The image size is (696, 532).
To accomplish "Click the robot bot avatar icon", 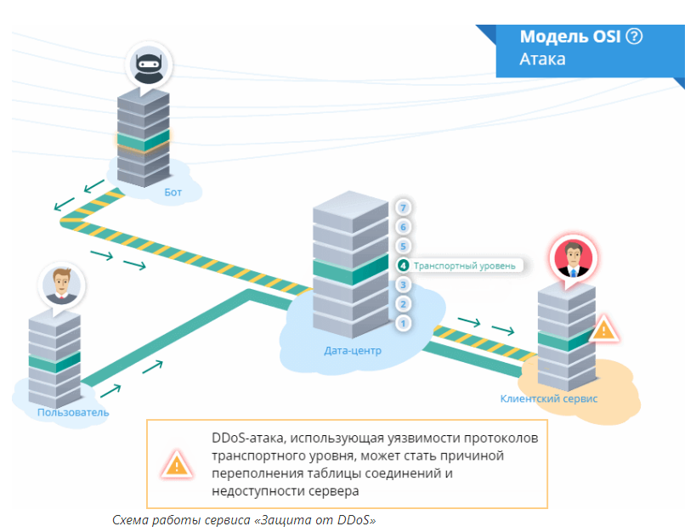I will (148, 63).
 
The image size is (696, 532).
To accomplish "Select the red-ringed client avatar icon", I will (572, 257).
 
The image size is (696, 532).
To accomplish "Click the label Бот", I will (173, 192).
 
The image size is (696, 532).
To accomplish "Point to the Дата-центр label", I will (353, 349).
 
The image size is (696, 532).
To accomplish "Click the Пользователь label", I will (73, 412).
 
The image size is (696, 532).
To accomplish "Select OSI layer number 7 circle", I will (404, 207).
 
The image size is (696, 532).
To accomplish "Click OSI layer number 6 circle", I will (404, 227).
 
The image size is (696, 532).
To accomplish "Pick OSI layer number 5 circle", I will (404, 246).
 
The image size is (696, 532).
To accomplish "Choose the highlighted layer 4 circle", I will (404, 265).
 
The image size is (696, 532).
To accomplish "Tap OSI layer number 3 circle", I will (404, 285).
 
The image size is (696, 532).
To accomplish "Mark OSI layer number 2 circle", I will (404, 303).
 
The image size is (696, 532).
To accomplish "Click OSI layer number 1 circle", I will (404, 323).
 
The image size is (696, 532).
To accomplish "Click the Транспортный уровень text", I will (464, 265).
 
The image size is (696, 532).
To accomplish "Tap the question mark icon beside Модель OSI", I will (634, 37).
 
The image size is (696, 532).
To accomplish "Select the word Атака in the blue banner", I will (542, 59).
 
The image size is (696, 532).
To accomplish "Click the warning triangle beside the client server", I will (604, 328).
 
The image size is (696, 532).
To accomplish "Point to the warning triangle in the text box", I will (176, 464).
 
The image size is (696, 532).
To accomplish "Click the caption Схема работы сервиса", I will (244, 519).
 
